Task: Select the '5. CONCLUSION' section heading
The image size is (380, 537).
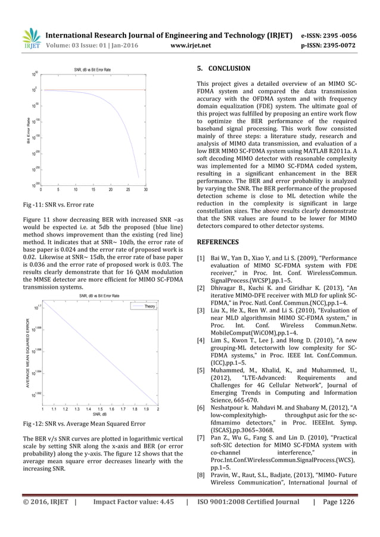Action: (223, 68)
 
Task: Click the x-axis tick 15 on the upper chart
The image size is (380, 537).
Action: (94, 191)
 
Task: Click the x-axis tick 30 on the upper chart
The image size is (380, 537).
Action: (146, 191)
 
